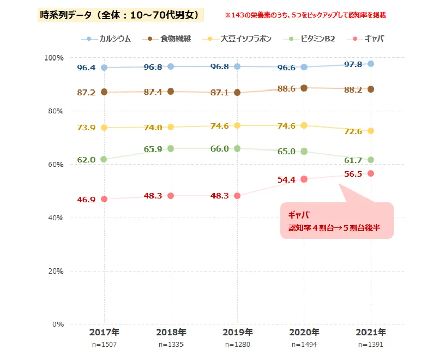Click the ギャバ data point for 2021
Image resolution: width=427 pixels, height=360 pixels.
pos(371,173)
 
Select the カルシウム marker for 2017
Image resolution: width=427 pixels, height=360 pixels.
pos(104,67)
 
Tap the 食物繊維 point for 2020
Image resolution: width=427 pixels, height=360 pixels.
pos(304,88)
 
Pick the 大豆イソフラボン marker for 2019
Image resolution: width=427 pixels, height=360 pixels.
pos(237,125)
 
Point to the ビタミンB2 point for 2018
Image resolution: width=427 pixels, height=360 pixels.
pos(171,148)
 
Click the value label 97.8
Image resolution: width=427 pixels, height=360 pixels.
pos(352,64)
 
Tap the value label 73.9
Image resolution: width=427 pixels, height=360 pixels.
pos(86,127)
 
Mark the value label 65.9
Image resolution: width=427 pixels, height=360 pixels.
pos(153,149)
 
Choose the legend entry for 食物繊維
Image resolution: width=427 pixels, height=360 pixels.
pos(169,39)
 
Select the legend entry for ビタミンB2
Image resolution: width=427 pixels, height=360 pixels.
pos(311,39)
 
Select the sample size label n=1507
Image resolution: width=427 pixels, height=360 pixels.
pos(104,344)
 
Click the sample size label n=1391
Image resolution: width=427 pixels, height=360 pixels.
pos(371,344)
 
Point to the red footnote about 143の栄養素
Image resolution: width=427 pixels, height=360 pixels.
pos(305,15)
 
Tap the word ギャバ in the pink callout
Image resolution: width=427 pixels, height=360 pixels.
pos(299,215)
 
